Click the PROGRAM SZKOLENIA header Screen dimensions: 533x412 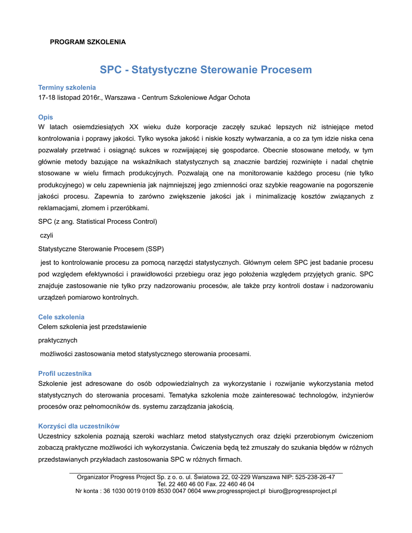coord(88,42)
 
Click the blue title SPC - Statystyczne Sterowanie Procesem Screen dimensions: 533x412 coord(206,70)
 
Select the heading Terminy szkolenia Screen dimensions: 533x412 coord(67,87)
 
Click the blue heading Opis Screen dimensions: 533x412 coord(46,117)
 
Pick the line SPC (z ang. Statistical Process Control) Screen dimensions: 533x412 coord(98,221)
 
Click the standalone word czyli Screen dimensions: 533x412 coord(47,235)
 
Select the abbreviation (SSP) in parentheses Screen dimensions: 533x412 coord(154,248)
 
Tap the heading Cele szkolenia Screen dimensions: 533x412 coord(61,317)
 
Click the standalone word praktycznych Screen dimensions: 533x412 coord(58,340)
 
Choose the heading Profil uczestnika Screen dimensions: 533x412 coord(65,374)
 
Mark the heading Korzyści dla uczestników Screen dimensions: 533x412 coord(79,426)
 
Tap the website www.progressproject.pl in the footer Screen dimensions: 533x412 coord(234,490)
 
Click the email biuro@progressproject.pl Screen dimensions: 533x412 coord(303,490)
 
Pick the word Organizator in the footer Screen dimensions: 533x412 coord(93,477)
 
